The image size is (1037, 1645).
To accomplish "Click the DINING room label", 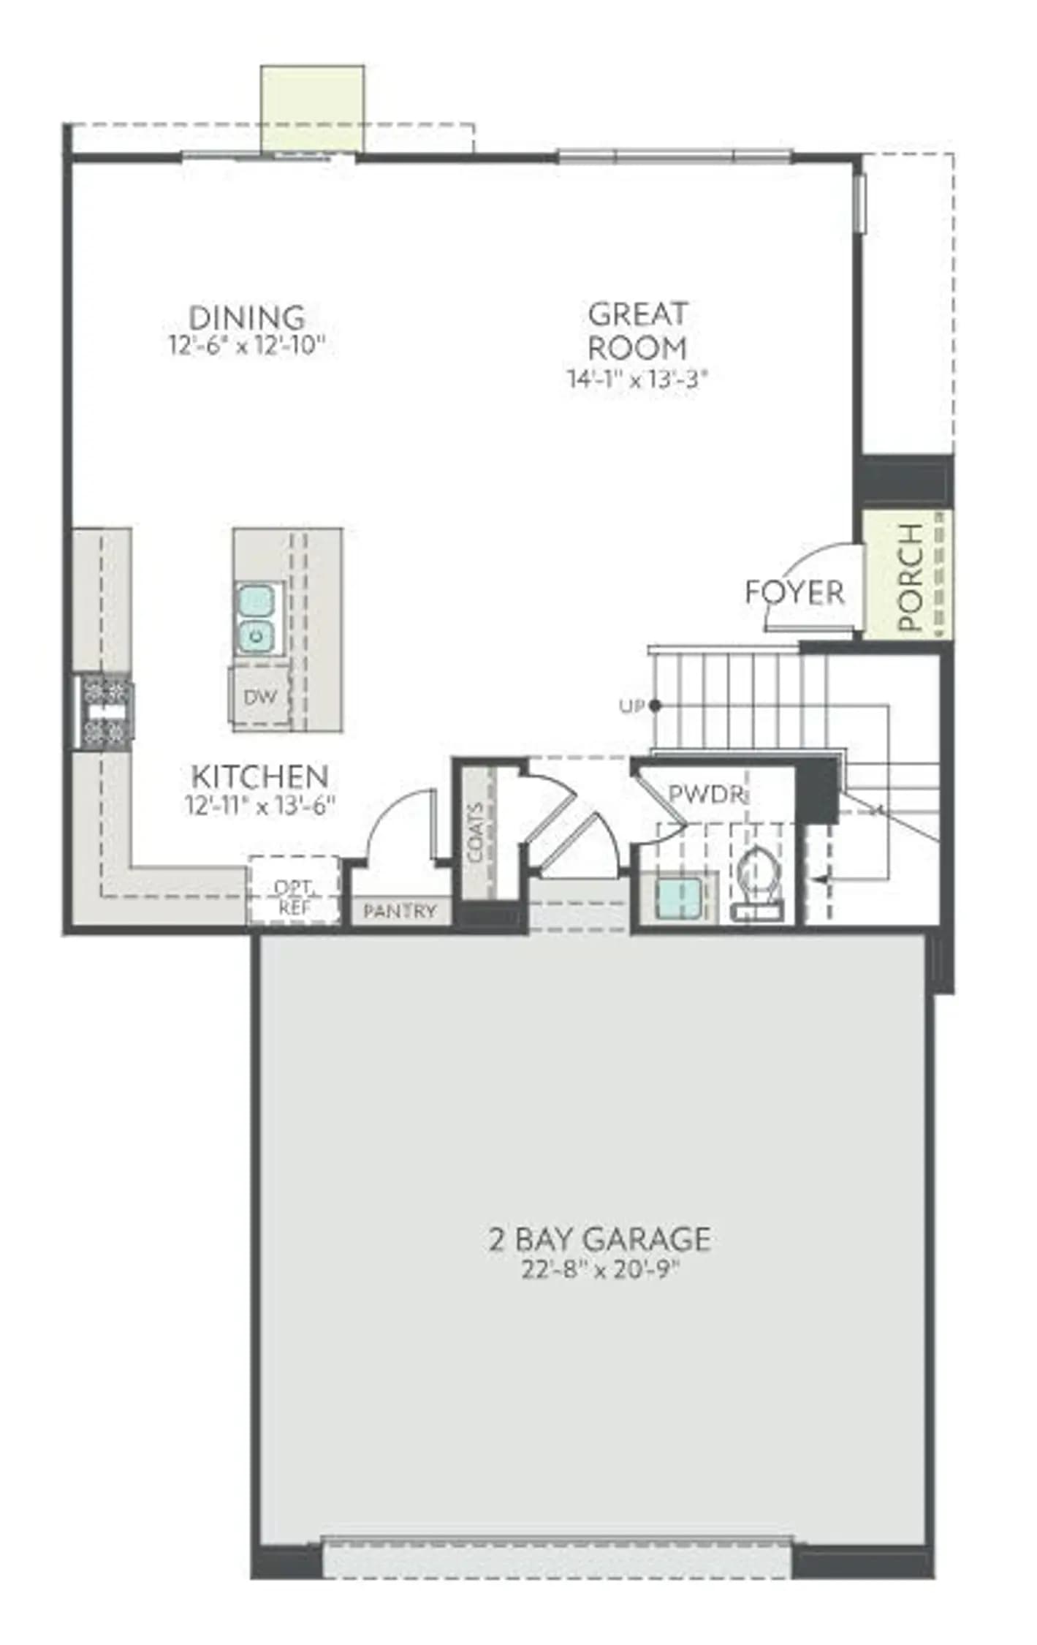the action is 247,317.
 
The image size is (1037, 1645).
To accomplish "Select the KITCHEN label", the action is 259,776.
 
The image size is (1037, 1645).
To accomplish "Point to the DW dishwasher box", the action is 260,696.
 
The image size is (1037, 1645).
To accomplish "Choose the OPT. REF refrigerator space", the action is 293,890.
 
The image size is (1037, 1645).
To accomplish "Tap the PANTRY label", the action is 399,911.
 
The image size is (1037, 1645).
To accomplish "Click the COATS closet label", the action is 476,833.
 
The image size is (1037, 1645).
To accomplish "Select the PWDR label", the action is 706,793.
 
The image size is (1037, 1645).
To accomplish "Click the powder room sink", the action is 679,897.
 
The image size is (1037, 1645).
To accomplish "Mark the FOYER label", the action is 794,591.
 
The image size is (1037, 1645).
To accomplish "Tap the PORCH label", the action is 910,577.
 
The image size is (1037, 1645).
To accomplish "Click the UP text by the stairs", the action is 631,706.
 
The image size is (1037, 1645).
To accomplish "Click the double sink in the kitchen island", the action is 256,619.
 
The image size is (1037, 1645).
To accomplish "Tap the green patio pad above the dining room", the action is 313,109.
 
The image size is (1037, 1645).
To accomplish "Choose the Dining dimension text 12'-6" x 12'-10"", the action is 246,344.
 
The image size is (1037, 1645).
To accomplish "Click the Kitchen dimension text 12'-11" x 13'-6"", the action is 259,804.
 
